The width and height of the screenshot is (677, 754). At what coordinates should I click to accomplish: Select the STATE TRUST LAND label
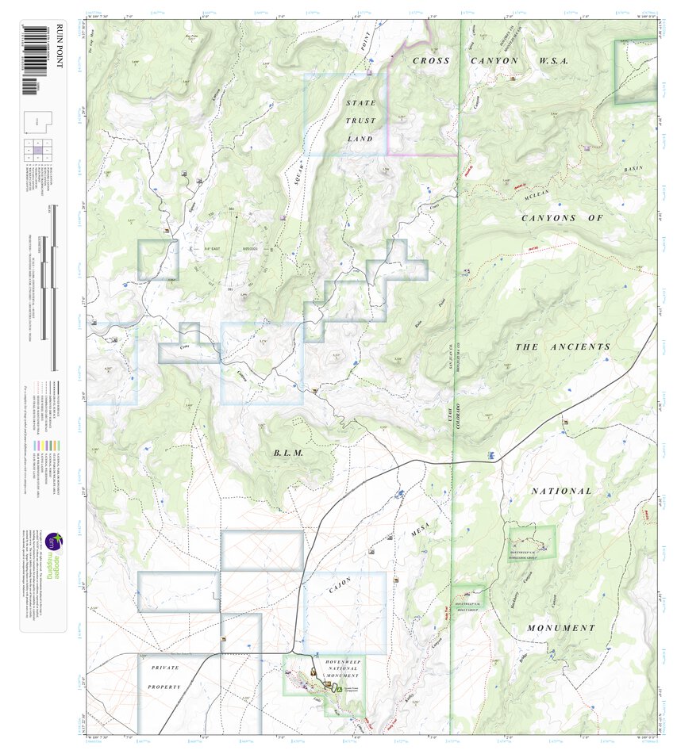pos(360,121)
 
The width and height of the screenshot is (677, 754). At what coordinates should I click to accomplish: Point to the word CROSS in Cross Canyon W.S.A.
pos(432,61)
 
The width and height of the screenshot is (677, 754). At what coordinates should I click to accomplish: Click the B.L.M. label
pos(287,454)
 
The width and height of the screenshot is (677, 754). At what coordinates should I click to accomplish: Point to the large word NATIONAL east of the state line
pos(561,492)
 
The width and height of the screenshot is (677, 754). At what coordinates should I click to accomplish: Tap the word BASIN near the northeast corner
pos(633,169)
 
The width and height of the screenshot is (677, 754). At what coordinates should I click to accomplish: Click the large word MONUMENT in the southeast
pos(561,628)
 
